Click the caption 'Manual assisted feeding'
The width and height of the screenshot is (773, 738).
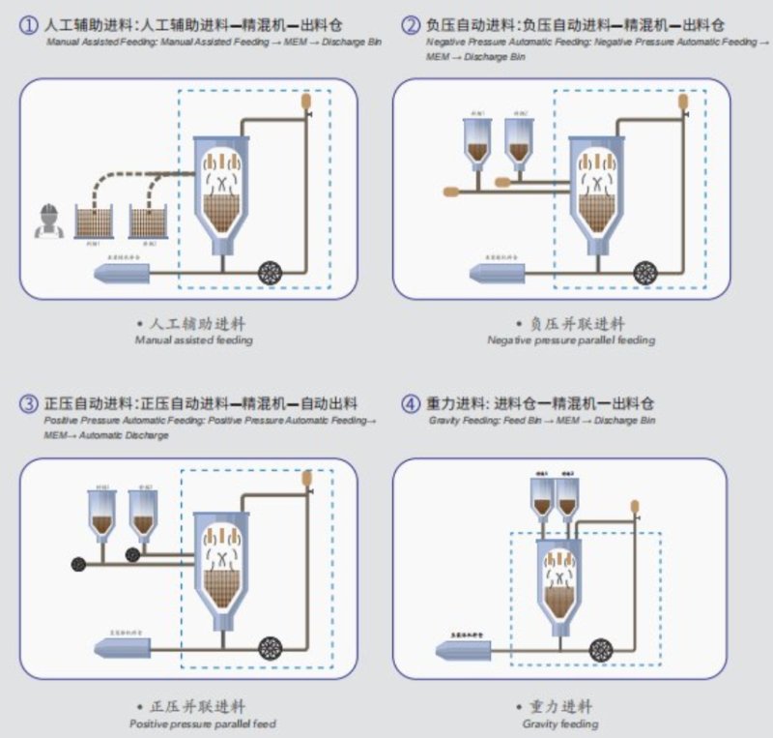193,340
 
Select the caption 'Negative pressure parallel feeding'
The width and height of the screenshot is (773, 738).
571,340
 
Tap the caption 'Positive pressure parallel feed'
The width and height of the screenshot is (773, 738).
203,723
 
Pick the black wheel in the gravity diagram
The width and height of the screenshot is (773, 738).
601,649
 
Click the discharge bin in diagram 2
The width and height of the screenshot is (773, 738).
498,274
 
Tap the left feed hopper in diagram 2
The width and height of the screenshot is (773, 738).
477,141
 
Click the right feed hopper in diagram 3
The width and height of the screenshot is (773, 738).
143,513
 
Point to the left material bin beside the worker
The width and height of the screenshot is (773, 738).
95,222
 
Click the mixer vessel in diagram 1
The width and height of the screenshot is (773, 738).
221,190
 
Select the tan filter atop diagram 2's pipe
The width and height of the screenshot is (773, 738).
683,100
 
